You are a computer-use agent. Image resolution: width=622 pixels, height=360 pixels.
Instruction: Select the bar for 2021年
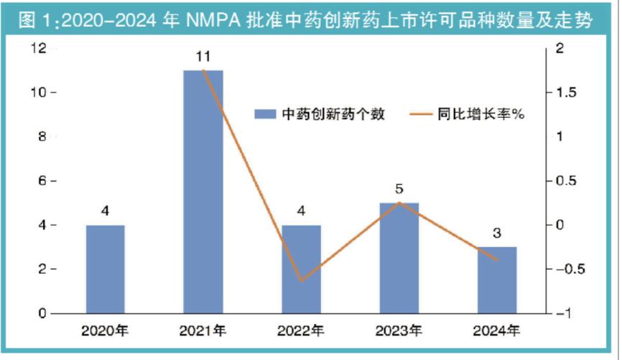203,191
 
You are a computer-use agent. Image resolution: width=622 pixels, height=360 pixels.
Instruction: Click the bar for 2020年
106,269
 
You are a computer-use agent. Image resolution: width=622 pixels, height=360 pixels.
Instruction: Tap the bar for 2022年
301,269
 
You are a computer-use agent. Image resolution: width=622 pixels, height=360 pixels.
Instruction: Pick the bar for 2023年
399,258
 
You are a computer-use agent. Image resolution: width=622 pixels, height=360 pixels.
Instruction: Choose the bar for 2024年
497,280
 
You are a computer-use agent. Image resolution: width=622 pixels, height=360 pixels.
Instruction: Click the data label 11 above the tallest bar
203,55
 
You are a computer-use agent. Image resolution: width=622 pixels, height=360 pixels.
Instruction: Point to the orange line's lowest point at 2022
301,281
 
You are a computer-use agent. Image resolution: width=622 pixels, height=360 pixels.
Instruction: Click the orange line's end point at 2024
497,260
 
